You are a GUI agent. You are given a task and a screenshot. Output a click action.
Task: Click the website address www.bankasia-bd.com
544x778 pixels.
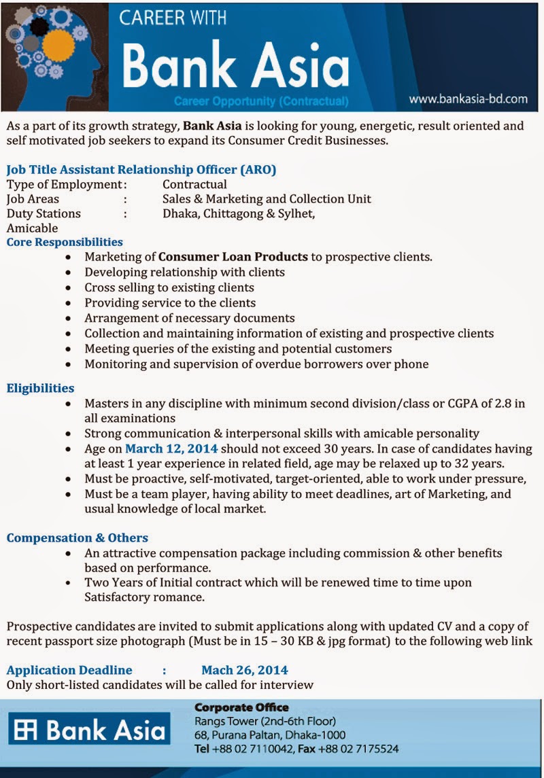(468, 99)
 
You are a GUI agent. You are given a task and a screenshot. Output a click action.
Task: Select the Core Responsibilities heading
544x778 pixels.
(65, 242)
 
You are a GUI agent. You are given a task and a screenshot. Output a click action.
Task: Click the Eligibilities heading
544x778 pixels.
(40, 388)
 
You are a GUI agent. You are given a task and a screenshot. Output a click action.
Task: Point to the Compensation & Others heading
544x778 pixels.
(77, 537)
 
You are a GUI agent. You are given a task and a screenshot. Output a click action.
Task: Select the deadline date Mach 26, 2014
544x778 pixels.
(244, 670)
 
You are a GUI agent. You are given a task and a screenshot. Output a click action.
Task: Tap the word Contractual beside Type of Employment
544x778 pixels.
(194, 184)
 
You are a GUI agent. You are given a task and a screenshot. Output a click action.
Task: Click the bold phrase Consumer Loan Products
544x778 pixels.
(233, 257)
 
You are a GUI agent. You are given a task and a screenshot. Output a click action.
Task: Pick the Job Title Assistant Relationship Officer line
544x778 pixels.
(141, 169)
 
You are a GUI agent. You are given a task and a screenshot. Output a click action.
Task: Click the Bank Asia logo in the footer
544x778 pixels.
(89, 731)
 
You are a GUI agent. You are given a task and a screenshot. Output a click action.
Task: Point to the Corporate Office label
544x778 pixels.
(241, 707)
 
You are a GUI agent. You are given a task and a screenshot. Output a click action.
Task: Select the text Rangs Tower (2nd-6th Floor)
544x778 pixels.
(265, 721)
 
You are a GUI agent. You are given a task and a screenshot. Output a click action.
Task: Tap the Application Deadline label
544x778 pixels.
(69, 670)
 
